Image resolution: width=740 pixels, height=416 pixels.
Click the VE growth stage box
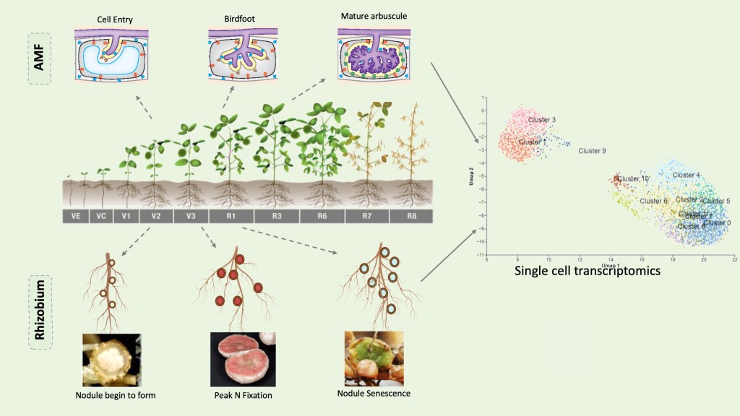tap(75, 215)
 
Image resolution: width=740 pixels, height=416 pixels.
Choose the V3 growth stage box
tap(191, 215)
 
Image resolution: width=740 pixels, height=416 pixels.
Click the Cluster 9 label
tap(592, 151)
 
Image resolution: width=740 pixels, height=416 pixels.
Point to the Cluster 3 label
tap(542, 119)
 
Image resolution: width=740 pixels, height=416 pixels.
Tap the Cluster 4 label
tap(686, 175)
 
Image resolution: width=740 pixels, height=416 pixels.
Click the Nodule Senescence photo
tap(374, 357)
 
